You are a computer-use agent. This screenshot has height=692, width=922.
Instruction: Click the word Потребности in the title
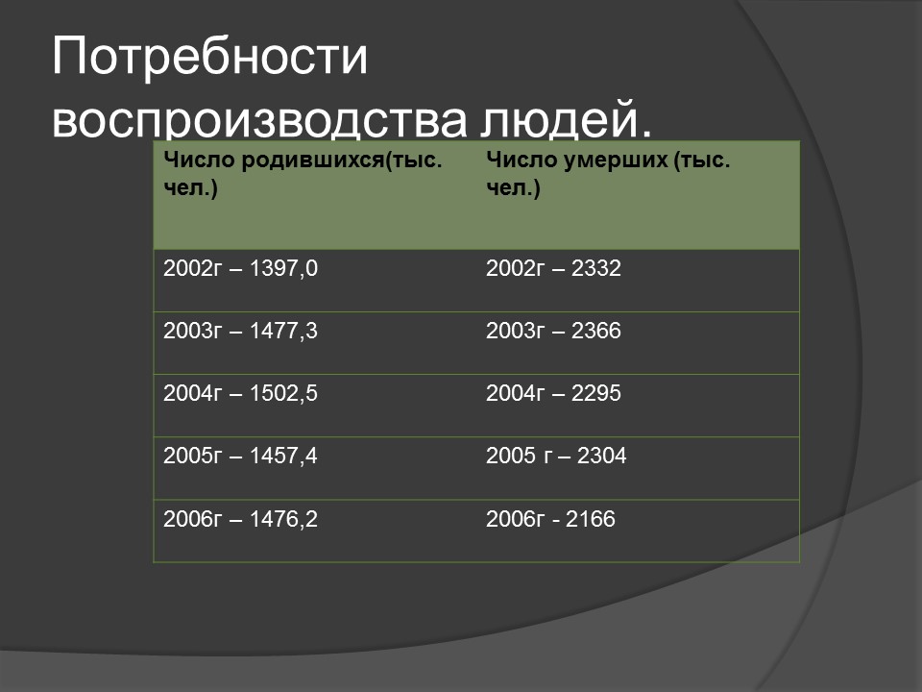point(210,58)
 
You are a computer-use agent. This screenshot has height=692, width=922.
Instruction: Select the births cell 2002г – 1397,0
point(240,269)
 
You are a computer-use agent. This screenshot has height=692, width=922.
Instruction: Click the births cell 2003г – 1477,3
point(240,332)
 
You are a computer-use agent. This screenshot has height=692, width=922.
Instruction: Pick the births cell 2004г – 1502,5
point(240,394)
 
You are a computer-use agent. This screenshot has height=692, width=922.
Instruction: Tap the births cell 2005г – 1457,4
point(240,457)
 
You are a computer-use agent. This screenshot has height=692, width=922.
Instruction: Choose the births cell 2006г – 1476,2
point(240,520)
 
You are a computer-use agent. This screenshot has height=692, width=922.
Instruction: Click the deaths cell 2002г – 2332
point(554,269)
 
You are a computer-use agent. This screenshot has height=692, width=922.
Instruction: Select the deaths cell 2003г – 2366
point(554,332)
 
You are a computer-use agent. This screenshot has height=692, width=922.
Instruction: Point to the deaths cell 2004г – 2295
point(554,394)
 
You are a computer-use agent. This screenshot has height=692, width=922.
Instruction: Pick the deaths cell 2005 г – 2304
point(556,457)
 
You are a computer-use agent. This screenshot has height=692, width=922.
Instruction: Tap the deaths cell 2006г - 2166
point(550,520)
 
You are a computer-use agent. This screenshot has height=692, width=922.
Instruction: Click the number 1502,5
point(282,394)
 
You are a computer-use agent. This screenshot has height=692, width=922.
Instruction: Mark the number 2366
point(596,332)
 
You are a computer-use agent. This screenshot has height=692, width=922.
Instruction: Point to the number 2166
point(590,520)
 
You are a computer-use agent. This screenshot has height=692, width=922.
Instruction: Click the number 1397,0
point(282,269)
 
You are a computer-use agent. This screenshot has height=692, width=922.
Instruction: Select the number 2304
point(601,457)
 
